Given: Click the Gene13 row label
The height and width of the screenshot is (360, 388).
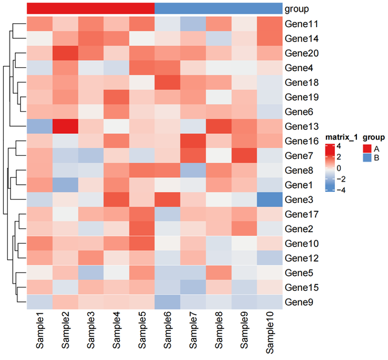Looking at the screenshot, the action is [x=301, y=126].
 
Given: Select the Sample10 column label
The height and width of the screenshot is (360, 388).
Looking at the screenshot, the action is [x=270, y=332].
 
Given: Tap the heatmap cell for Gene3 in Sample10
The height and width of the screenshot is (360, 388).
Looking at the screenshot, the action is [x=270, y=200].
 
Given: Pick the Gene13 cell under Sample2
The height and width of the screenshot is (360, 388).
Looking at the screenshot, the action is [x=65, y=126].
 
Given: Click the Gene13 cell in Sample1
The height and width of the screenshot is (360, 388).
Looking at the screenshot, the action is [x=39, y=126].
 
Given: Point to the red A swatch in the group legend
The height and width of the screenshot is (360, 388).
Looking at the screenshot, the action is [x=367, y=149].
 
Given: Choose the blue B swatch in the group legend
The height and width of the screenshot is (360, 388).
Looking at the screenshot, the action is [x=367, y=158].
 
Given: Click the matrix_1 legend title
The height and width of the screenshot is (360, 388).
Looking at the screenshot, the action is [x=341, y=137].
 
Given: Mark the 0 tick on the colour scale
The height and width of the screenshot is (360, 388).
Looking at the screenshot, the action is [x=339, y=168].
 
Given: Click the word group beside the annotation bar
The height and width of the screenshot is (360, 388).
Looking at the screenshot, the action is [x=297, y=10].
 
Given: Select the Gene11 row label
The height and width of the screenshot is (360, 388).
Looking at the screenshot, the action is [x=301, y=24].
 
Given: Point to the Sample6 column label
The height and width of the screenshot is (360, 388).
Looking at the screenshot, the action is [x=167, y=330].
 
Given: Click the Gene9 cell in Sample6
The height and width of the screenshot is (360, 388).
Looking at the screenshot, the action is [x=167, y=302].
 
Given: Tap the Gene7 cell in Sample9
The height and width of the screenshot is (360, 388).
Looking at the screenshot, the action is [x=244, y=156].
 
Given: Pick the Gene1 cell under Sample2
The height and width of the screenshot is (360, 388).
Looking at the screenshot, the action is [x=65, y=185].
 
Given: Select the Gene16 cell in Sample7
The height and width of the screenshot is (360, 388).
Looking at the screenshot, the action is [x=193, y=141].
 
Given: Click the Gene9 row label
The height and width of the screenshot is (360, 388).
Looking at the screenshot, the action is [x=299, y=302].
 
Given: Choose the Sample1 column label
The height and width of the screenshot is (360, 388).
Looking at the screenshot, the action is [x=39, y=330].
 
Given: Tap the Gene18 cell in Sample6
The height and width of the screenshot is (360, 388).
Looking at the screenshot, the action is [x=167, y=82].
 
